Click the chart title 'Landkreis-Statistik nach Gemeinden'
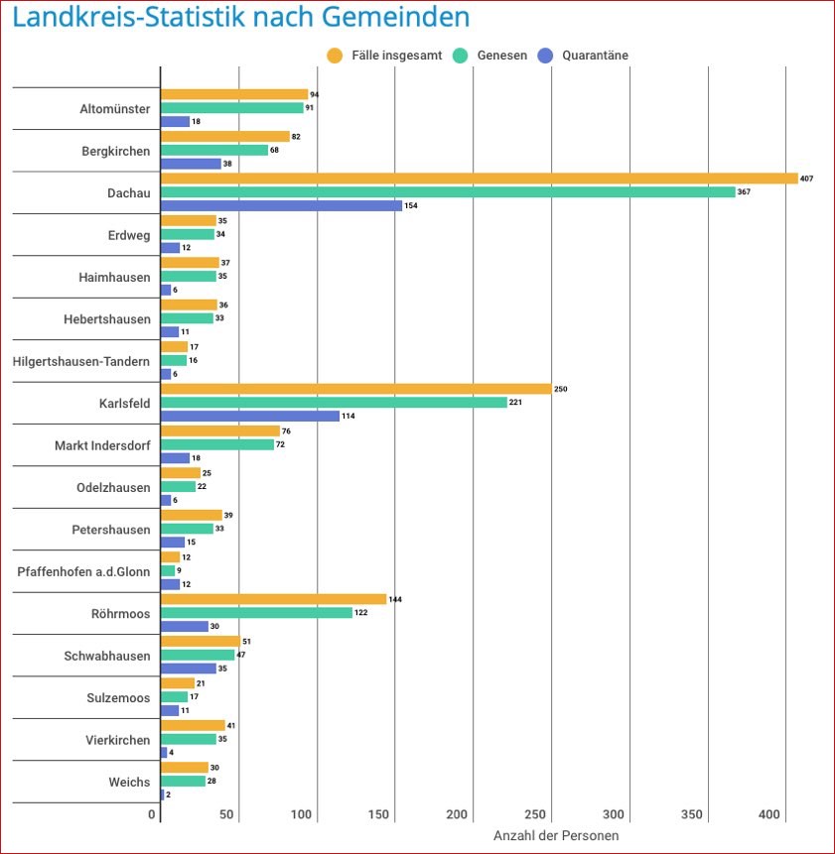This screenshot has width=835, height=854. tap(240, 17)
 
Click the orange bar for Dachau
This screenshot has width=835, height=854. tap(479, 179)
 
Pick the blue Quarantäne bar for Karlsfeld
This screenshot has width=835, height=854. tap(250, 416)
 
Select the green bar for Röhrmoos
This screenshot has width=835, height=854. tap(256, 612)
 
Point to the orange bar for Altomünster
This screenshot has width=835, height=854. tap(234, 94)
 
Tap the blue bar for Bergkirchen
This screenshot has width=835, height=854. tap(191, 164)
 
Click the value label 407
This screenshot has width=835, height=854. tap(806, 179)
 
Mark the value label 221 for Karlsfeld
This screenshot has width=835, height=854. tap(515, 403)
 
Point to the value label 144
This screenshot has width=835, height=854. tap(394, 599)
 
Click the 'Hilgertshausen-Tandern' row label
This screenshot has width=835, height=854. tap(81, 361)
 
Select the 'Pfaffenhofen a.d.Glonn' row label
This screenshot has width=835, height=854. tap(84, 571)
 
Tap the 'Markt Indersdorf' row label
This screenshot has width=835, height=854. tap(103, 445)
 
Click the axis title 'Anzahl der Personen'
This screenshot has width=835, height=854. tap(555, 836)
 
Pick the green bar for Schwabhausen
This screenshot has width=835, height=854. tap(198, 655)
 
